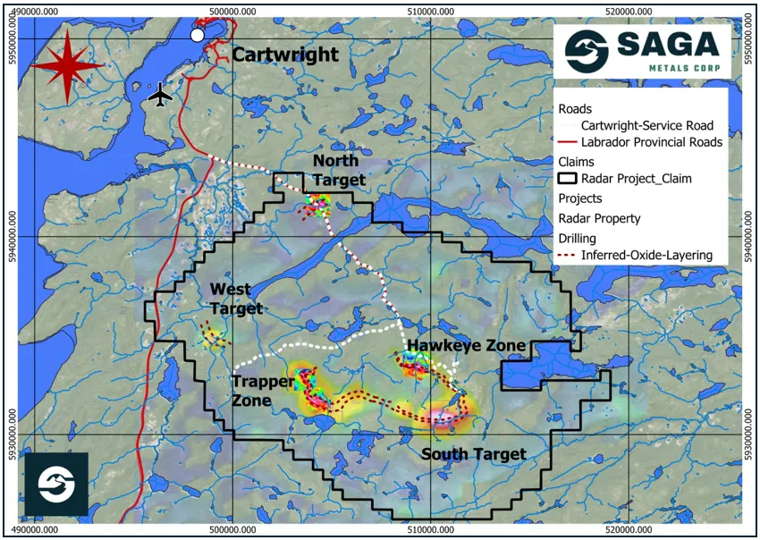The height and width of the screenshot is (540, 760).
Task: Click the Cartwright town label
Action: [x=284, y=55]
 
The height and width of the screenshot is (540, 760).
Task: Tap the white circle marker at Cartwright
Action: [x=198, y=35]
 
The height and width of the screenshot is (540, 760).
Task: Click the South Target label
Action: [x=474, y=454]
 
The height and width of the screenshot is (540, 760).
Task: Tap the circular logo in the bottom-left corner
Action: [x=56, y=484]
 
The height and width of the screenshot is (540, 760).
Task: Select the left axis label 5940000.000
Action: [x=12, y=237]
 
